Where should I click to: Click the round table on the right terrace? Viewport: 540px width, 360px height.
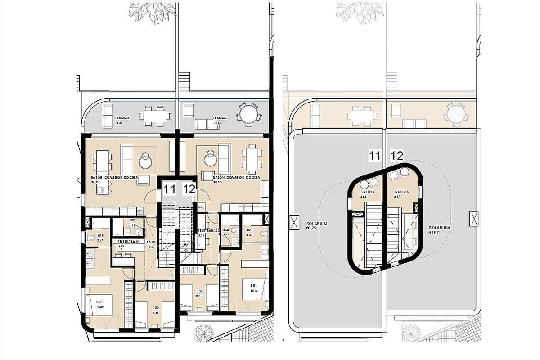[x=248, y=114]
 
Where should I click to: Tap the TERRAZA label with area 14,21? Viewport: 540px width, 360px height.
[x=122, y=118]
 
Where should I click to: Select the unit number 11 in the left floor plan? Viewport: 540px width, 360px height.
[x=170, y=189]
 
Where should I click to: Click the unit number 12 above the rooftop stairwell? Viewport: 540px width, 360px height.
[x=396, y=156]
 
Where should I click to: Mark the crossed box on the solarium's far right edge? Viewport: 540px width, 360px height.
[x=473, y=219]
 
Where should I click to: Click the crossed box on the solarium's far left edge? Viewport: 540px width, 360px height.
[x=294, y=222]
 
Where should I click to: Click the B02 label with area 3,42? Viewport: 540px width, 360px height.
[x=227, y=232]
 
